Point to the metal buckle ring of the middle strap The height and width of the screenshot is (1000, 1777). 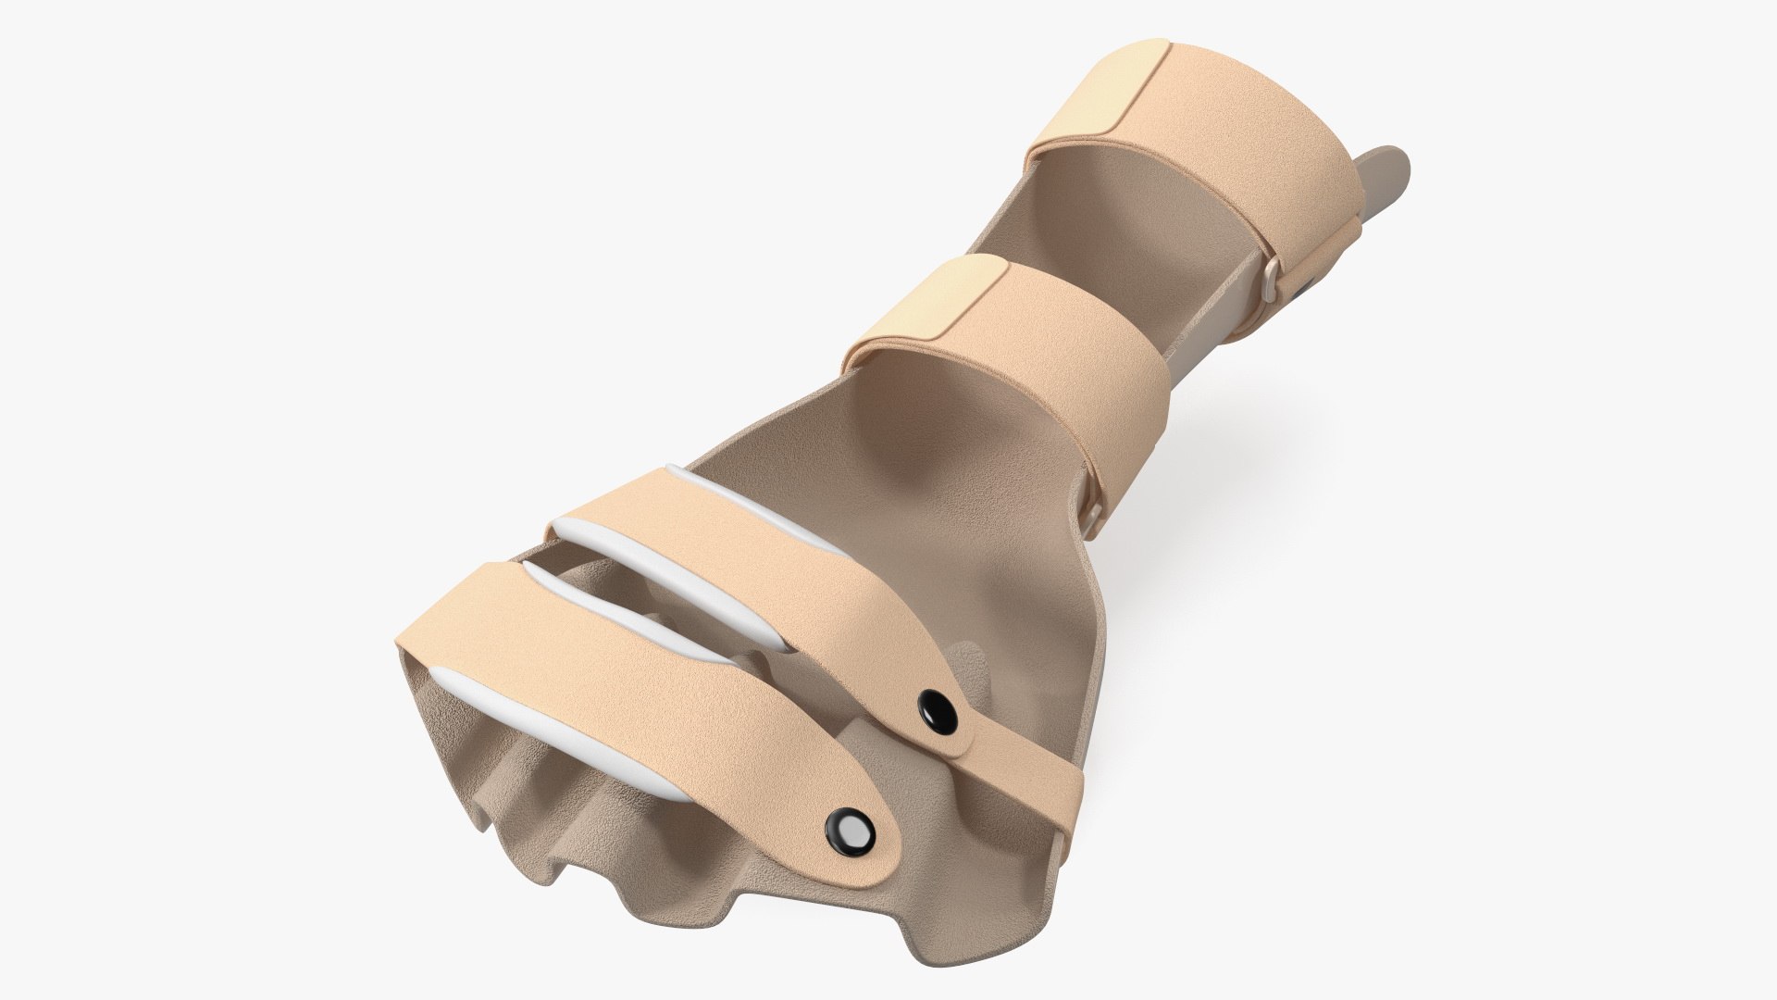tap(1093, 512)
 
